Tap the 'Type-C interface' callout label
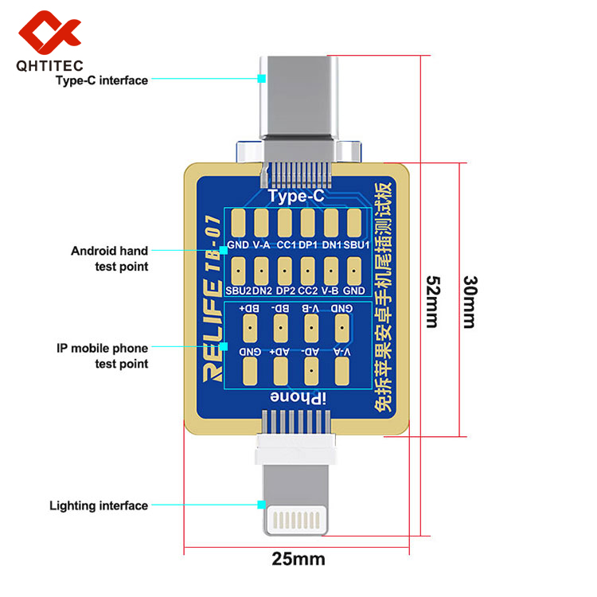tap(101, 80)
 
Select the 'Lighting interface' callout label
tap(99, 505)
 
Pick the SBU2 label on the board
tap(238, 291)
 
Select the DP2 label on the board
tap(285, 291)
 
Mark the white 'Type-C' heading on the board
tap(295, 196)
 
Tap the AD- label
tap(311, 351)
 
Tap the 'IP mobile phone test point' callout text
tap(103, 356)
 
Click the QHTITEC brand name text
tap(49, 67)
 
